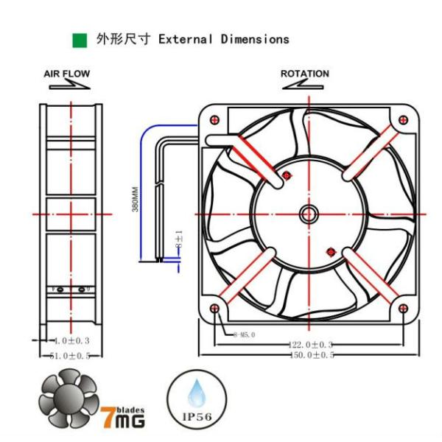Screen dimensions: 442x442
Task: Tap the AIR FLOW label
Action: (x=67, y=74)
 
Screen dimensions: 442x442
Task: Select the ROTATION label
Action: (x=305, y=74)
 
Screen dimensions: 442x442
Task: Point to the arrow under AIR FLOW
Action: (x=68, y=85)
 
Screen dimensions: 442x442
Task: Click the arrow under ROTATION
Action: (x=304, y=85)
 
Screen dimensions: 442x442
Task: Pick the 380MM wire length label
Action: (x=136, y=199)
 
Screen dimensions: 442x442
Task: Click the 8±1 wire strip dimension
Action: (x=178, y=238)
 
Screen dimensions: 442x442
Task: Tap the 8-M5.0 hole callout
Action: (x=243, y=334)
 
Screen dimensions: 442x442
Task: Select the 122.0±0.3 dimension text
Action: (x=310, y=345)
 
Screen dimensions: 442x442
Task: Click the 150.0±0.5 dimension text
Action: (x=310, y=355)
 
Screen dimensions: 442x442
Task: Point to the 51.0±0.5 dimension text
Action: (x=71, y=355)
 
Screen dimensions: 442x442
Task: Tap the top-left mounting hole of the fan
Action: (x=214, y=120)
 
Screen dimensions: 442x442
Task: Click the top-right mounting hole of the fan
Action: (x=402, y=120)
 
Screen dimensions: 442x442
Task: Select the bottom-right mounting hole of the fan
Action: (x=402, y=308)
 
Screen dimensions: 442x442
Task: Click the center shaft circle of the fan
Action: (x=308, y=214)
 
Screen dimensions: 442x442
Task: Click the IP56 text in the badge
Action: (x=196, y=417)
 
